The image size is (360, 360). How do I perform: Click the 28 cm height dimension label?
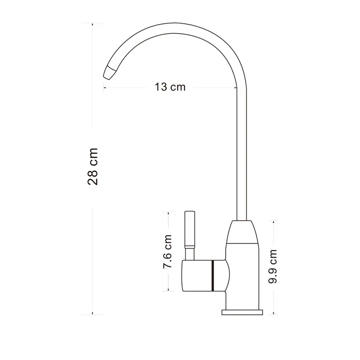[93, 166]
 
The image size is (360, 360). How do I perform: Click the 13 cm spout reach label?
[170, 87]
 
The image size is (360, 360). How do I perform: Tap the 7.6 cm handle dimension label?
[167, 252]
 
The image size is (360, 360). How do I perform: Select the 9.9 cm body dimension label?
[273, 266]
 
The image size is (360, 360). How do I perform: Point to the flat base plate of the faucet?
[242, 312]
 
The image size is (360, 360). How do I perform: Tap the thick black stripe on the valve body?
[212, 276]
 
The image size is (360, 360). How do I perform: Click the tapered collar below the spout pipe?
[242, 231]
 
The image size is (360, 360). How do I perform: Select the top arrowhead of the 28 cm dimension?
[93, 24]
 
